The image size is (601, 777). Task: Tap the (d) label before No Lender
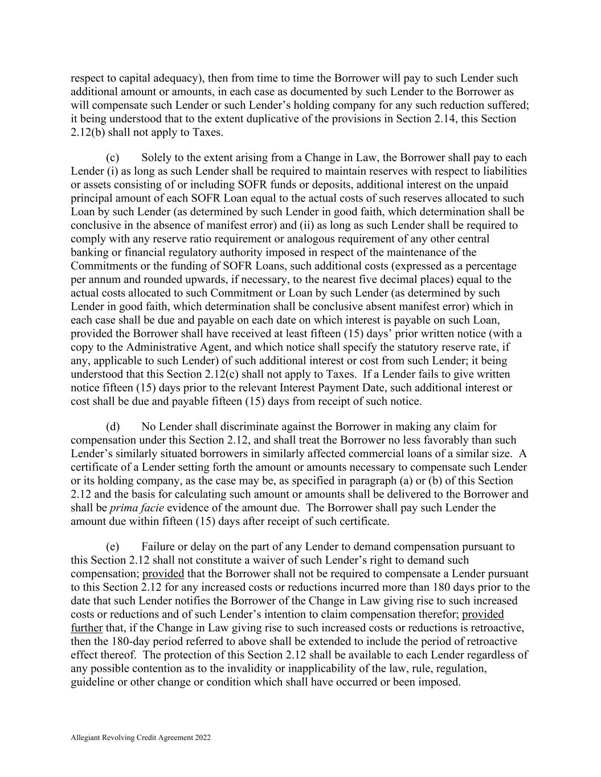tap(113, 426)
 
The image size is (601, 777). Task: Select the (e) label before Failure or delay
tap(113, 546)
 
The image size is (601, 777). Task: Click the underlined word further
tap(87, 628)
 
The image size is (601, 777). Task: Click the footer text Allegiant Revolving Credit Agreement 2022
tap(141, 738)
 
